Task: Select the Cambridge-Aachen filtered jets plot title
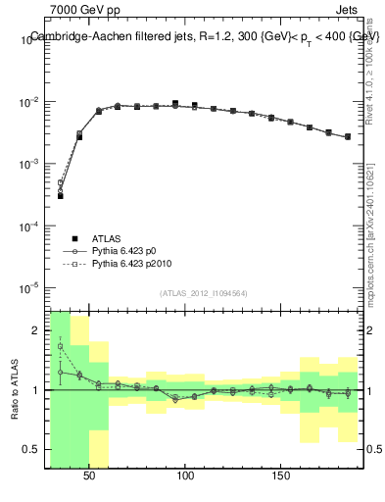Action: coord(205,36)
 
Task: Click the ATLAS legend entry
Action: coord(108,238)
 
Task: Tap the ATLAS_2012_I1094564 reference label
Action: coord(205,292)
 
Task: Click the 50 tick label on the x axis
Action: coord(89,476)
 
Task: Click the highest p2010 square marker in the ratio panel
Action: coord(60,346)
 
